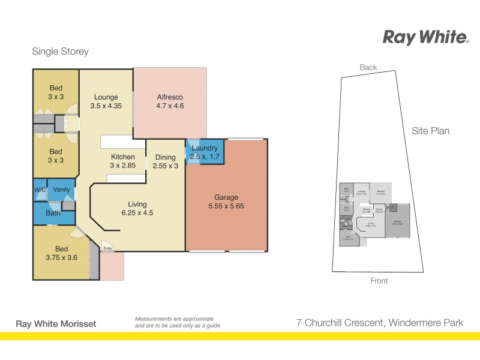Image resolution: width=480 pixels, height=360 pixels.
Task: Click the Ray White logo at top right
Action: [425, 37]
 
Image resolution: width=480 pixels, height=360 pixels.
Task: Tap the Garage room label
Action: [226, 202]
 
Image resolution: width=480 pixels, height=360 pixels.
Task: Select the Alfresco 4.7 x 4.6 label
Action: [170, 101]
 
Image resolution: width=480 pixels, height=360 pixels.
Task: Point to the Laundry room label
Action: [205, 152]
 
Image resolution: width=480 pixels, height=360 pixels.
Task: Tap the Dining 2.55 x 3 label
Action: [166, 162]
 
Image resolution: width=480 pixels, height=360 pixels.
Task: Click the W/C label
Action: [39, 190]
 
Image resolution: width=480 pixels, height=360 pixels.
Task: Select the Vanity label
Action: [61, 190]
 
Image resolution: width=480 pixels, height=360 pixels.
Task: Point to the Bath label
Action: [53, 213]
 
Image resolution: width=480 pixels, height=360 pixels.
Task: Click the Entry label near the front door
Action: [107, 248]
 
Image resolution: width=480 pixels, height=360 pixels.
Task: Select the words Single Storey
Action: [60, 52]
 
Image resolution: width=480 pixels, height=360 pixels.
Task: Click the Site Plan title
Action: [430, 131]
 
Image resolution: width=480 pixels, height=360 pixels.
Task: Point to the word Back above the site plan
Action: [368, 68]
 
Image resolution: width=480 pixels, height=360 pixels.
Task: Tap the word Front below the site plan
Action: [379, 281]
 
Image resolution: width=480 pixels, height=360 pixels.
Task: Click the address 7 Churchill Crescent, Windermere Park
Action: [380, 323]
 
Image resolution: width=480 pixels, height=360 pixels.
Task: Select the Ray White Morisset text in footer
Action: [55, 324]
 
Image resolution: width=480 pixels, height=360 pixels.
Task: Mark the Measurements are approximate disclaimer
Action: [178, 322]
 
